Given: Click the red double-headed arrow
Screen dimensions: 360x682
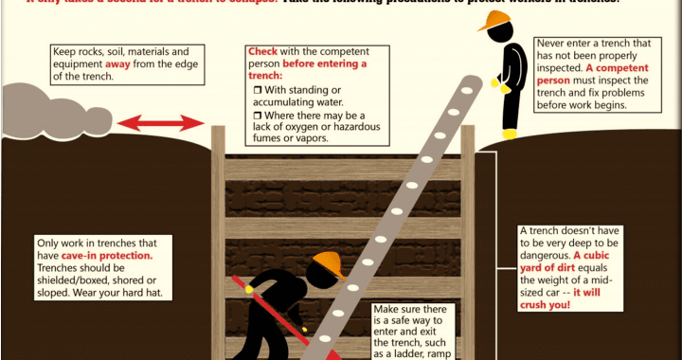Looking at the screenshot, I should tap(160, 122).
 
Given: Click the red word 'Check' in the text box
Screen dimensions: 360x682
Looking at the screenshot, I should tap(262, 50).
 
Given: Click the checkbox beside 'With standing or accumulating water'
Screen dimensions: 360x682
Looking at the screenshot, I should tap(256, 89).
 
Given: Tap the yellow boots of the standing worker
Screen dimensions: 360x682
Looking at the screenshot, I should tap(510, 134).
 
